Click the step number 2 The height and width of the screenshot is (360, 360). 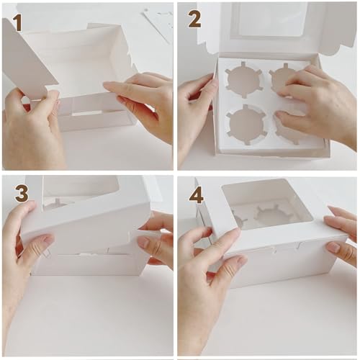click(x=194, y=19)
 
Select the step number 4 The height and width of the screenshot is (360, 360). click(x=195, y=194)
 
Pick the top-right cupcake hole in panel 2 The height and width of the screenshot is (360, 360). click(x=285, y=78)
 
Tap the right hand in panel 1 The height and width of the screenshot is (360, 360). click(x=144, y=97)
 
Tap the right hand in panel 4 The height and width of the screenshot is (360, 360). click(x=342, y=238)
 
